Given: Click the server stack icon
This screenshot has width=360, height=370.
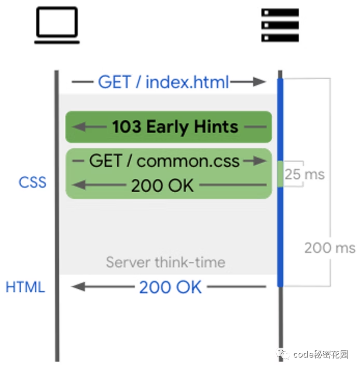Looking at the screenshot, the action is point(280,25).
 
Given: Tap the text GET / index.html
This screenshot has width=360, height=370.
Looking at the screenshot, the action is point(163,82).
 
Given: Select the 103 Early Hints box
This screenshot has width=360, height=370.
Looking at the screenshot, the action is point(169,127).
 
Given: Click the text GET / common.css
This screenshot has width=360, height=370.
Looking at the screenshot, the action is point(164,161).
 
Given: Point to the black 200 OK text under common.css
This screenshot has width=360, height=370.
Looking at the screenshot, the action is point(162,186).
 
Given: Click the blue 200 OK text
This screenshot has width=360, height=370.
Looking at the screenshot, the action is point(170,287).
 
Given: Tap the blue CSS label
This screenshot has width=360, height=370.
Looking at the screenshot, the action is point(33,182).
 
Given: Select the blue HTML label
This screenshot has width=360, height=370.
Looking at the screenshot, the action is point(25,287).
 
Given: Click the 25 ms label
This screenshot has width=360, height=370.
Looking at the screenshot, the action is point(304,174).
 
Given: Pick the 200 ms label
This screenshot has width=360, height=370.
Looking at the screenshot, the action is point(329,247).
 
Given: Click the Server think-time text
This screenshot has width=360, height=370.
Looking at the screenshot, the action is point(165,262).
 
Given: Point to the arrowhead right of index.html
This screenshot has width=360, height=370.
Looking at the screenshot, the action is point(259,82).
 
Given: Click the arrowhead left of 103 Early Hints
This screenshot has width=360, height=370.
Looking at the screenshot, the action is point(76,127).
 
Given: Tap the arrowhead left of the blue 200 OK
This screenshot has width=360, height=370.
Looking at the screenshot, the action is point(76,287).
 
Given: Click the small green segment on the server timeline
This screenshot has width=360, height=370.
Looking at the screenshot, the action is point(280,174).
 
